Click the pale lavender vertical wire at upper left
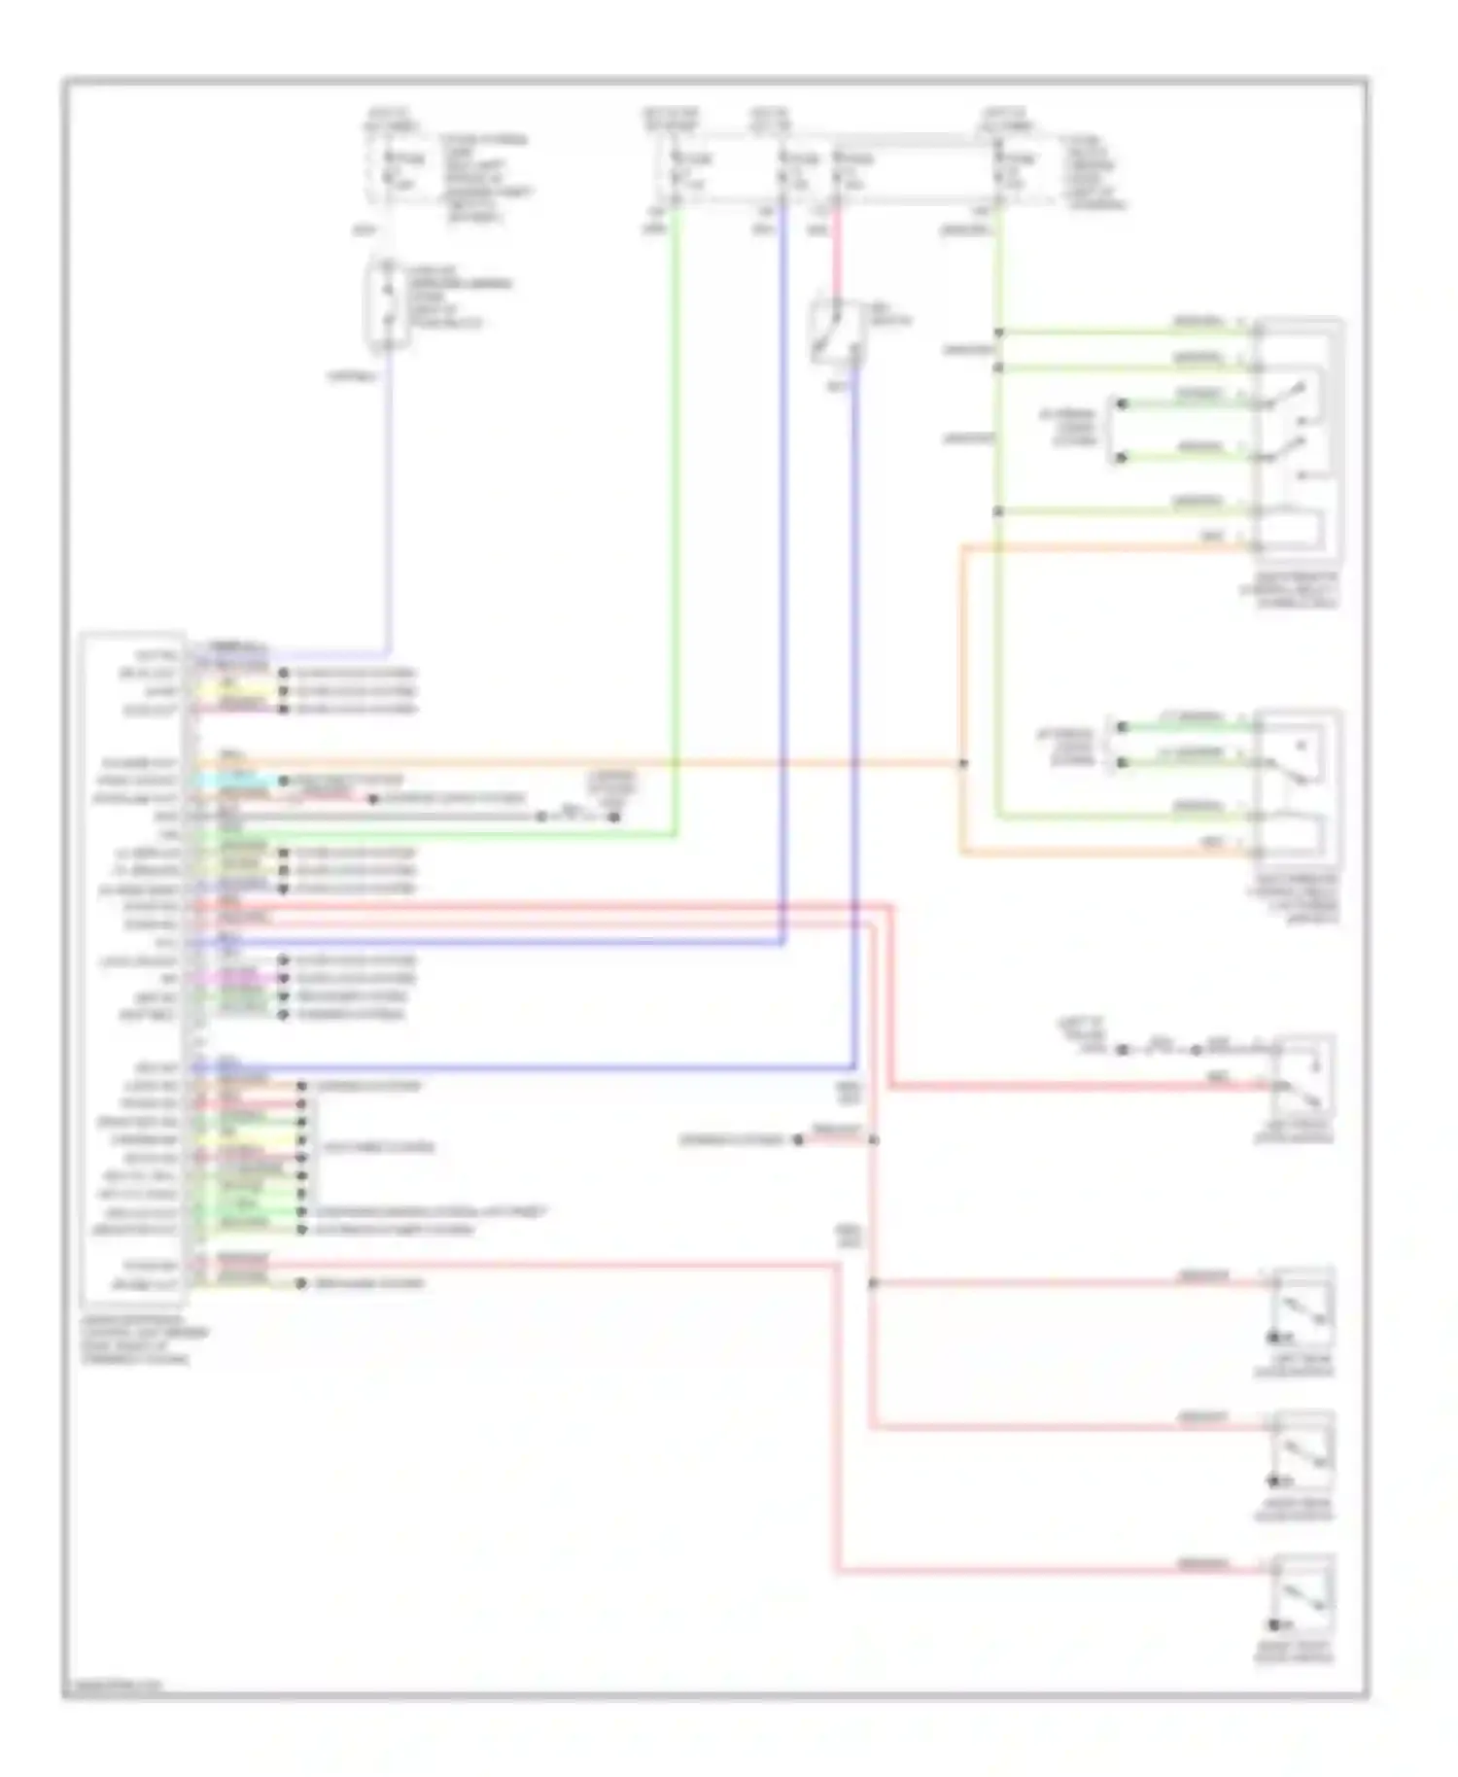point(391,505)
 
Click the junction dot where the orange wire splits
point(962,764)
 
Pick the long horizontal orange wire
point(583,764)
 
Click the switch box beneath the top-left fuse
point(387,303)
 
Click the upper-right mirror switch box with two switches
point(1298,437)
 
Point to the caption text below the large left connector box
point(136,1345)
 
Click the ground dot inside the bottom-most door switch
point(1273,1625)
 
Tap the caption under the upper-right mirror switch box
point(1288,590)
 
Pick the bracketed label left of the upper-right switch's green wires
point(1069,427)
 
